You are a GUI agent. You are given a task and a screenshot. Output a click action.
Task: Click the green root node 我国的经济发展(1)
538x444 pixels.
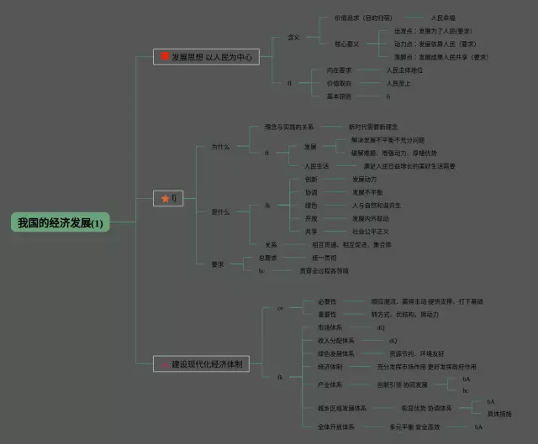click(x=60, y=223)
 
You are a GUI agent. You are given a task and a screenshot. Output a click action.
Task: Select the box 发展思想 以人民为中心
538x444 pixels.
click(x=206, y=57)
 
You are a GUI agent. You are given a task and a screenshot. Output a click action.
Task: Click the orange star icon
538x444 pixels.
click(x=165, y=199)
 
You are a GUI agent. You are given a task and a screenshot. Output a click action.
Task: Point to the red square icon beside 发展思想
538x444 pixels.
click(x=165, y=57)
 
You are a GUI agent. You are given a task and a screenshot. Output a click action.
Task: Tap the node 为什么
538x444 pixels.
click(x=220, y=147)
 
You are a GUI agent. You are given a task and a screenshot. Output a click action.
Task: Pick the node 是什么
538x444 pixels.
click(x=220, y=212)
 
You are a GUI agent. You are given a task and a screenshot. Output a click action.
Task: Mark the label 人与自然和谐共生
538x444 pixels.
click(x=377, y=205)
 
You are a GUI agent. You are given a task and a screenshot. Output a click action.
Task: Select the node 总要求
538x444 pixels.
click(x=268, y=258)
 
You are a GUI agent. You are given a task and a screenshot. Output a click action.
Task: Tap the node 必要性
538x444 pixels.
click(x=327, y=301)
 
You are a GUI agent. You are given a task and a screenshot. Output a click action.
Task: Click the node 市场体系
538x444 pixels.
click(x=330, y=327)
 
